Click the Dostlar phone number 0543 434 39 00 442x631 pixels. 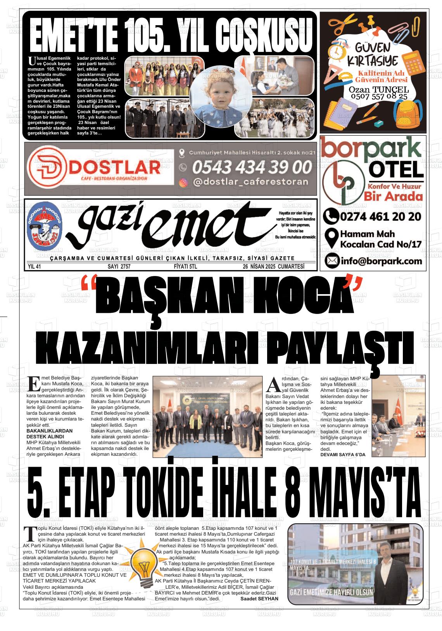(x=252, y=167)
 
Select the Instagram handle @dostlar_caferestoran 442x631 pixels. (x=250, y=182)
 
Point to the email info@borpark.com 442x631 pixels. (x=381, y=261)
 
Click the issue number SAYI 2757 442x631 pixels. (x=120, y=267)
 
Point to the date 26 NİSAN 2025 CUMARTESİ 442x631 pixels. (x=273, y=267)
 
